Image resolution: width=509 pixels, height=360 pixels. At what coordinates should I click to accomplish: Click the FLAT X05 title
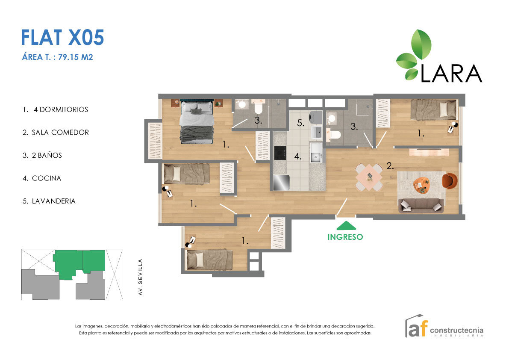point(62,38)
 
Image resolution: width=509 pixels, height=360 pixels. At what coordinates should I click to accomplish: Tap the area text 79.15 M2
point(57,57)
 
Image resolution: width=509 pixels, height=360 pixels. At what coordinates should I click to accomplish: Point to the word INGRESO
point(345,237)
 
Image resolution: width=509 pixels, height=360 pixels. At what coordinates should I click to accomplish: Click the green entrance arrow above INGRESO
point(345,225)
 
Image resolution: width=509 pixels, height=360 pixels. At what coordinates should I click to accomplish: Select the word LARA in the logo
point(451,74)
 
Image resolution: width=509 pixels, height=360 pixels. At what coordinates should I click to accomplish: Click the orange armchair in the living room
point(449,180)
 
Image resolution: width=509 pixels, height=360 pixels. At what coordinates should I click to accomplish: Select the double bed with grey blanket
point(196,122)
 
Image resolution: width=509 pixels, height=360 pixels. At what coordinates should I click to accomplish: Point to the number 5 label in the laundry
point(300,124)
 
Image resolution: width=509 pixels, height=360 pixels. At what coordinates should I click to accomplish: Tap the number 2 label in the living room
point(390,166)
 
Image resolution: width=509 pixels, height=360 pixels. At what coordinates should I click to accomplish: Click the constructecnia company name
point(456,330)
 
